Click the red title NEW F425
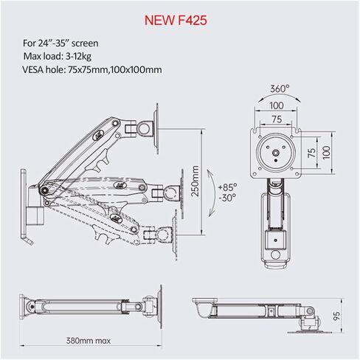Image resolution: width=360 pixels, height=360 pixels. click(176, 20)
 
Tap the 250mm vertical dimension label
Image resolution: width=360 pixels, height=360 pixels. click(195, 181)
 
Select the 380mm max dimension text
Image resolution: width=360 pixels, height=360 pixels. click(89, 341)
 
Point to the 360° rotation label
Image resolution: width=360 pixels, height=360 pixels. click(280, 89)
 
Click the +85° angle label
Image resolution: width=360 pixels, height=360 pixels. click(228, 187)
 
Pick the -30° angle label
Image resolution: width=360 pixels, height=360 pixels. click(227, 198)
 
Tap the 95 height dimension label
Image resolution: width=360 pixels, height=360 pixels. click(336, 316)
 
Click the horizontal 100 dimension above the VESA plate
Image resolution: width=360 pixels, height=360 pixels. click(277, 105)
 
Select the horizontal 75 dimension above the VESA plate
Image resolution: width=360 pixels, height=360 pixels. click(277, 120)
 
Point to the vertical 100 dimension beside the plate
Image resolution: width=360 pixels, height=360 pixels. click(326, 153)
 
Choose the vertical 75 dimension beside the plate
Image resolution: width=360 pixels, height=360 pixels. click(311, 153)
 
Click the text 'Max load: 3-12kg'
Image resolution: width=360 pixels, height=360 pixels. click(58, 57)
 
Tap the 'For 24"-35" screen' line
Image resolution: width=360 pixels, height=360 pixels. click(60, 44)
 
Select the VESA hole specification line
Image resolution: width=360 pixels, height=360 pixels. click(92, 69)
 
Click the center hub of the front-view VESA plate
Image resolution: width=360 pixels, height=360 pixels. click(276, 153)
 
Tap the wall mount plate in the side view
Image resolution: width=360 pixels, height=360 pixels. click(24, 204)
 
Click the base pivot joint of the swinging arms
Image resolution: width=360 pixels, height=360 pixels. click(44, 190)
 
